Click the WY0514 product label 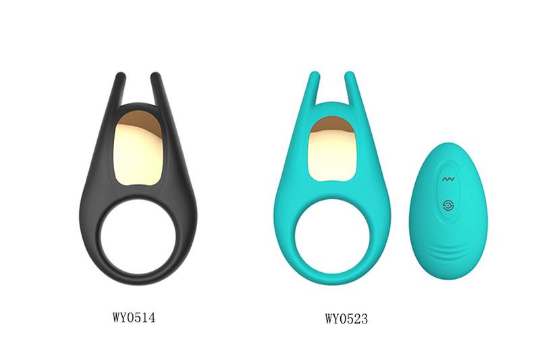(134, 317)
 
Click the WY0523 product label (346, 318)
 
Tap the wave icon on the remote (449, 179)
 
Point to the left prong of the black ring (119, 88)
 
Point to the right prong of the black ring (157, 88)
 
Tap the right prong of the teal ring (351, 88)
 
